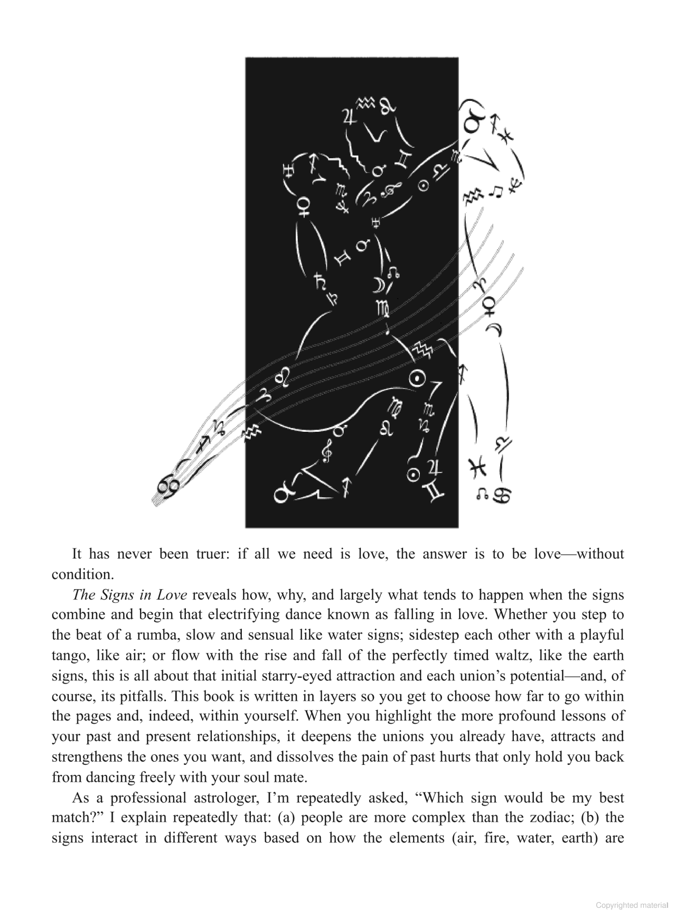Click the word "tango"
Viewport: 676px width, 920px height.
click(68, 656)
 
